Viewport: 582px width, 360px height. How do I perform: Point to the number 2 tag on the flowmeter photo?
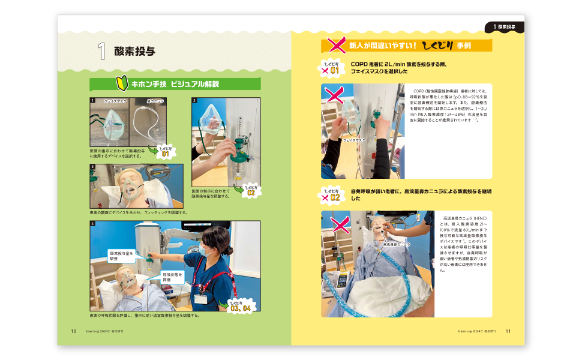click(x=195, y=101)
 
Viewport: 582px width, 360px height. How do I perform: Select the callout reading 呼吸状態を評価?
click(x=172, y=277)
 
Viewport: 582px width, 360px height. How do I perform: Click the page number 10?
click(x=73, y=331)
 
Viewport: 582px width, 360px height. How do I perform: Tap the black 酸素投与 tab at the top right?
click(x=505, y=27)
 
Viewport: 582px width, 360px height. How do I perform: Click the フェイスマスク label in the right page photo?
click(x=354, y=140)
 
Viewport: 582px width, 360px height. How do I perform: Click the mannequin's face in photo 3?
click(x=129, y=183)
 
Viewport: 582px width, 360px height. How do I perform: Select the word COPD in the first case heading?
click(x=360, y=64)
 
